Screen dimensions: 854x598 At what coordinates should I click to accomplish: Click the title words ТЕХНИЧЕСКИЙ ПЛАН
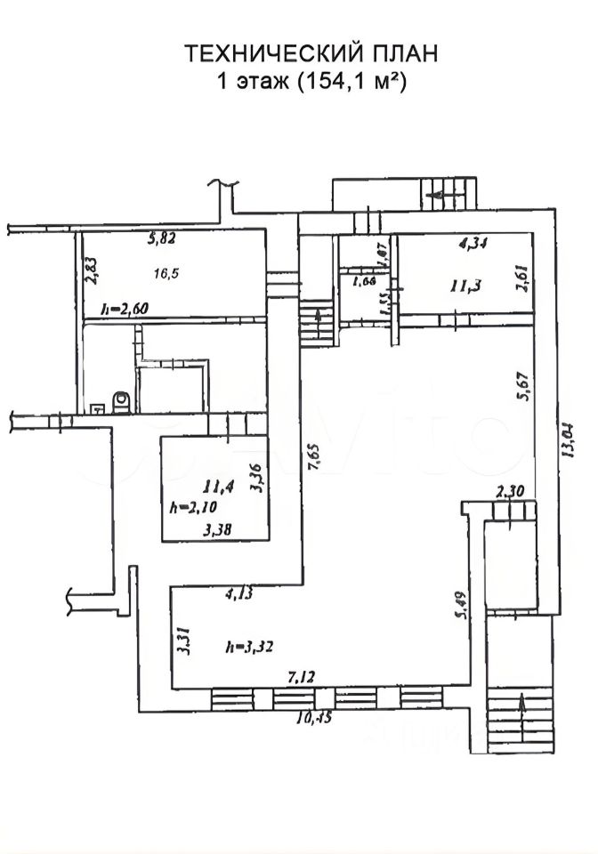311,54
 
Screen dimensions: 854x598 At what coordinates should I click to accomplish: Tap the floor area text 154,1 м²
348,83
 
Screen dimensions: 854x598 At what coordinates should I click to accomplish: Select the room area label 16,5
166,272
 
